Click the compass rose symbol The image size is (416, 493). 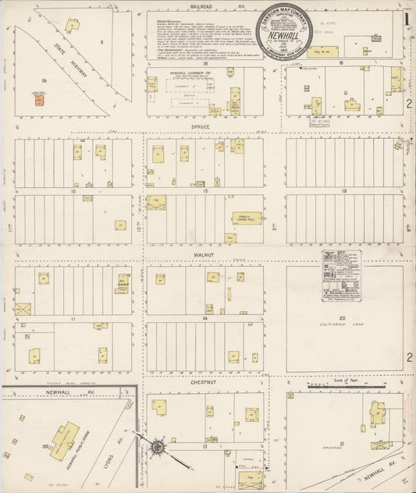[x=157, y=447]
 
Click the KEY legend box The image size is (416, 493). [x=339, y=271]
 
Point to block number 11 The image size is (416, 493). [x=73, y=319]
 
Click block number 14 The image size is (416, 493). [x=204, y=319]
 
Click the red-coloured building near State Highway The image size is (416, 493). [x=37, y=98]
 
